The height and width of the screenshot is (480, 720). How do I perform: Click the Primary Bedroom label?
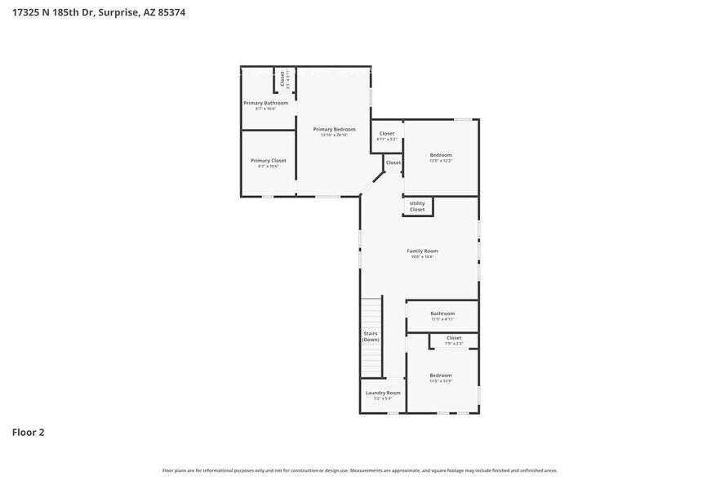(335, 129)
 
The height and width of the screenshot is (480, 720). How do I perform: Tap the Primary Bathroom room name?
(265, 103)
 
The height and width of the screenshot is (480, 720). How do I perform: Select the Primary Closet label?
(268, 161)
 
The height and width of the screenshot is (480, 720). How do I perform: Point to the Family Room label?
(422, 251)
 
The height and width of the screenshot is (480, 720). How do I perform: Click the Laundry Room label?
(382, 393)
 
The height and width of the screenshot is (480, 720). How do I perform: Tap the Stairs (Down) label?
(371, 336)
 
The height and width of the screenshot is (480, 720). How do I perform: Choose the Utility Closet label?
(417, 207)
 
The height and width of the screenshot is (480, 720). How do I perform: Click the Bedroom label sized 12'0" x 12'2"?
(441, 155)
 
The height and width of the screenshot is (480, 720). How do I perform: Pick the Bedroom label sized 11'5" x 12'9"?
(441, 376)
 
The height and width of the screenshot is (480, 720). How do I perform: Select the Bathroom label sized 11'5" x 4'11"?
(442, 313)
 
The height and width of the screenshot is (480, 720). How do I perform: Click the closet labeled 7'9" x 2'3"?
(454, 338)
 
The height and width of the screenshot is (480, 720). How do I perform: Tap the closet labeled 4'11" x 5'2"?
(386, 134)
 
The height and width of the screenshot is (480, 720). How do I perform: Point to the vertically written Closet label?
(282, 79)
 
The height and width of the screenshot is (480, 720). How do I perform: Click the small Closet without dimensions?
(393, 162)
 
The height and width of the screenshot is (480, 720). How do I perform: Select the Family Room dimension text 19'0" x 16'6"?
(421, 257)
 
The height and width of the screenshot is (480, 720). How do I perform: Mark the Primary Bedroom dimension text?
(334, 136)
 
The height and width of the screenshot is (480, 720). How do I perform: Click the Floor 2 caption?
(28, 432)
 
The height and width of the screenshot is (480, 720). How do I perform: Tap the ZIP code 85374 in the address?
(170, 13)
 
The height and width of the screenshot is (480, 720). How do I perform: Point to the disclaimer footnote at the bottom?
(359, 470)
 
